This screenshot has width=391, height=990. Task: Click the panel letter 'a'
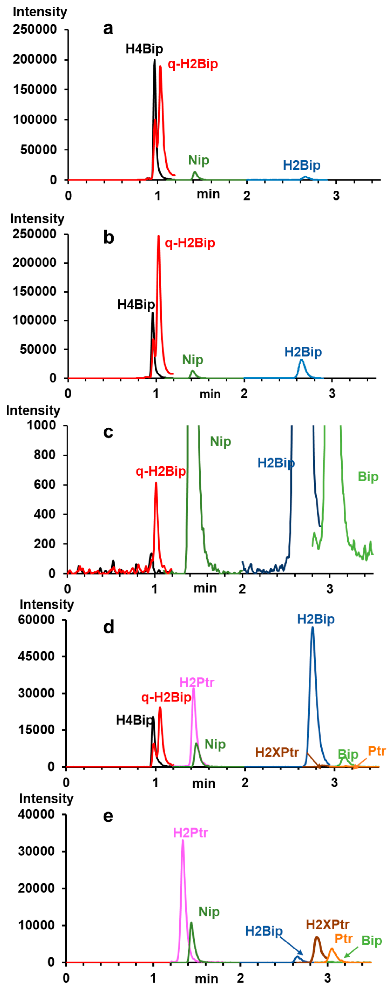[x=108, y=29]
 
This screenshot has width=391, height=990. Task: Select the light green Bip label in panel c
[x=368, y=476]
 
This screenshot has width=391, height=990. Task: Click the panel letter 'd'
[x=109, y=627]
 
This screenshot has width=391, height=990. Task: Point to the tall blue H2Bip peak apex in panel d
[x=313, y=628]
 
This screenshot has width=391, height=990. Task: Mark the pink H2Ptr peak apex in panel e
[x=183, y=840]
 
